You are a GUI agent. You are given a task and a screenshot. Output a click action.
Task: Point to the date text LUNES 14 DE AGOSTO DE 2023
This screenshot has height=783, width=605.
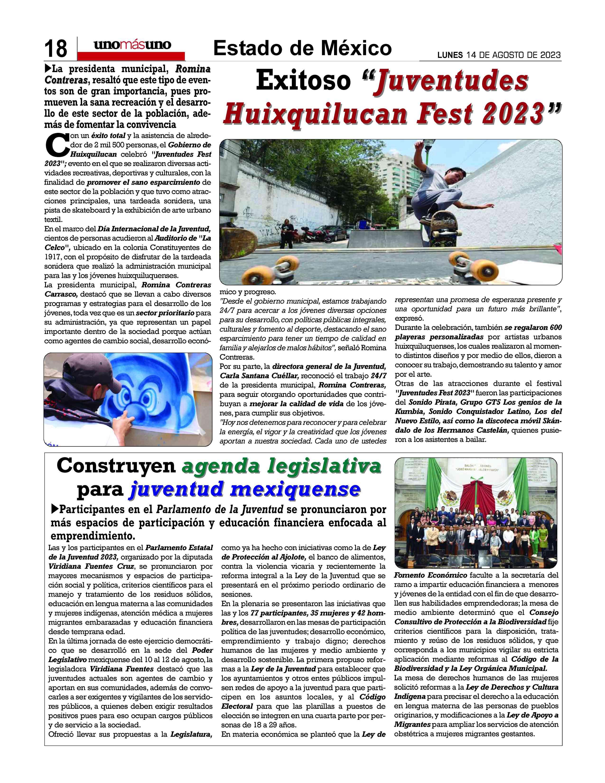point(499,55)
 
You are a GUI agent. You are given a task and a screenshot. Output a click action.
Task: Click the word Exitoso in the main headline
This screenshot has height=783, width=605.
point(303,81)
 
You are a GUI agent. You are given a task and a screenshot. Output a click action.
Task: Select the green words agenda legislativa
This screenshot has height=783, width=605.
point(281,466)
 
